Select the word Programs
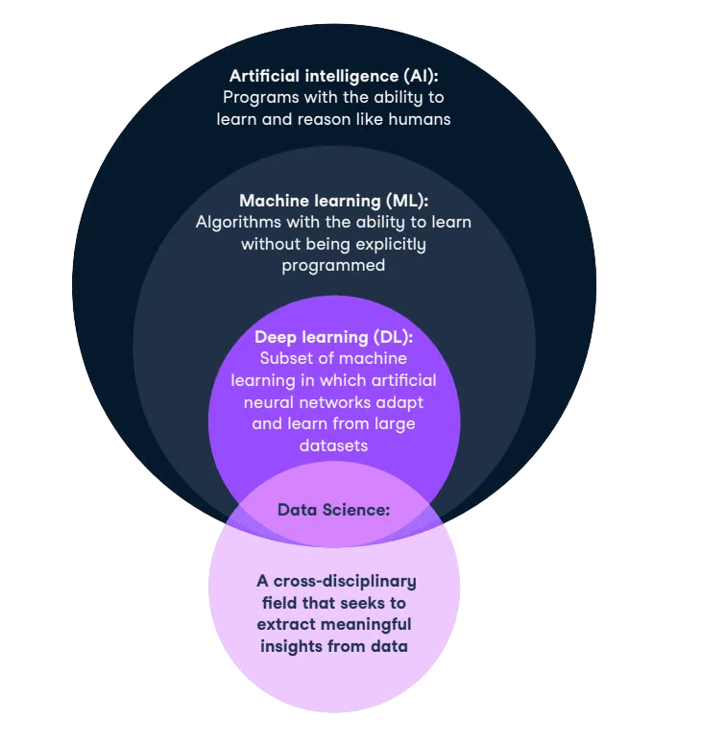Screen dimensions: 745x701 (x=256, y=97)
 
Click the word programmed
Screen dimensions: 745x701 (x=333, y=265)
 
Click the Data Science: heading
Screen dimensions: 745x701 (x=333, y=510)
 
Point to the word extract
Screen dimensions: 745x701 (x=287, y=624)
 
